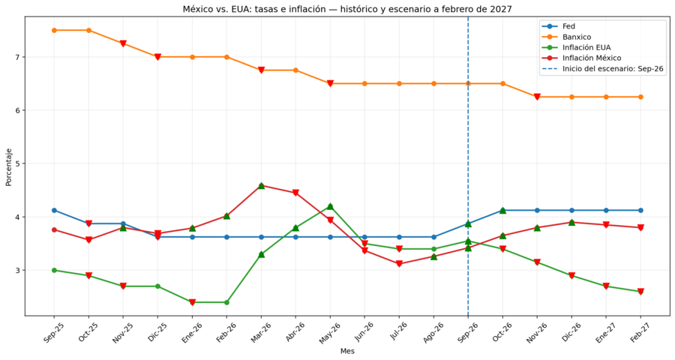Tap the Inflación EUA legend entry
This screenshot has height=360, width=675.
click(577, 47)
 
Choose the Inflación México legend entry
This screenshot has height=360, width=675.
click(582, 58)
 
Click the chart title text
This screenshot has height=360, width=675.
click(347, 9)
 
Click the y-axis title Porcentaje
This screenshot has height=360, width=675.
click(8, 167)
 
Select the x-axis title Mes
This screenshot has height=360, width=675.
click(347, 351)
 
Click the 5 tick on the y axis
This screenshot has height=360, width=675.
click(17, 163)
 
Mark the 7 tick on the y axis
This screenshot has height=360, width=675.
click(17, 57)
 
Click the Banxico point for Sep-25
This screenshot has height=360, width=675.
click(54, 30)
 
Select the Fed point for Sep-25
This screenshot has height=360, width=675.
click(54, 210)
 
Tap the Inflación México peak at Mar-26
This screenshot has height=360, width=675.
click(261, 185)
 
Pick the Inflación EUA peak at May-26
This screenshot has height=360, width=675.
click(330, 206)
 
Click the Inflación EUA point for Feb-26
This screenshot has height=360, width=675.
click(226, 302)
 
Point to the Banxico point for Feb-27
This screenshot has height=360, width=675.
click(640, 97)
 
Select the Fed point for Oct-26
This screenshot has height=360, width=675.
click(502, 210)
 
